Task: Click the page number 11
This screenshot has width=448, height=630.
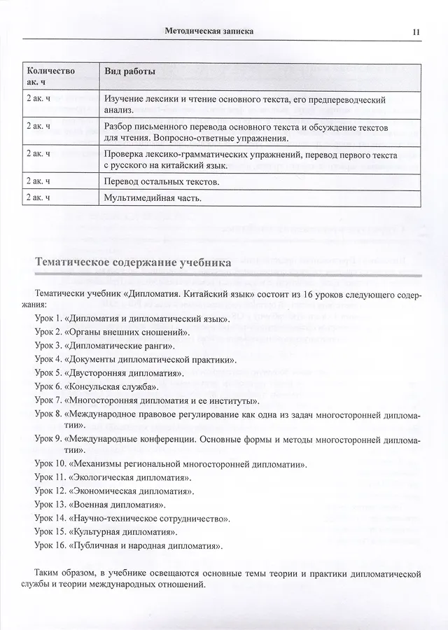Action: (416, 31)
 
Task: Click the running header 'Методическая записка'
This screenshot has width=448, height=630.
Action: (207, 31)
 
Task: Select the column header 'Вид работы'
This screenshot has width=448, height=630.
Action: (129, 73)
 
